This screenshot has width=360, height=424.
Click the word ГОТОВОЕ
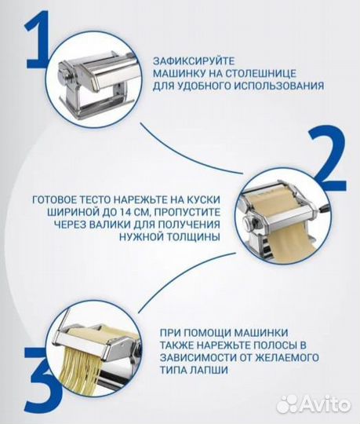[56, 201]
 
